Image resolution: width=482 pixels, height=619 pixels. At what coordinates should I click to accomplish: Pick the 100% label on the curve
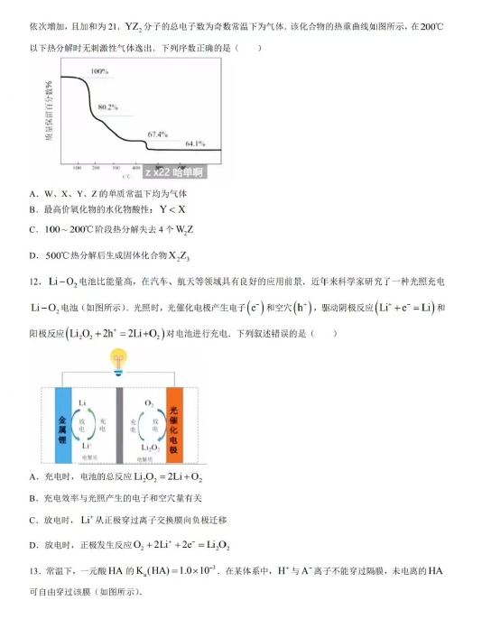pos(99,71)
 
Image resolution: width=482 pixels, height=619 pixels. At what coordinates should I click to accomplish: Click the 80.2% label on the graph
pos(107,107)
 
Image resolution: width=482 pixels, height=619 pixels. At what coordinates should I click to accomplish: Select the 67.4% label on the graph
pos(158,134)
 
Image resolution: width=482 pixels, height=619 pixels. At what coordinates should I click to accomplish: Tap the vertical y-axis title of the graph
pos(51,110)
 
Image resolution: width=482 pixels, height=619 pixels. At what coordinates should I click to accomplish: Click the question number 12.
pos(34,282)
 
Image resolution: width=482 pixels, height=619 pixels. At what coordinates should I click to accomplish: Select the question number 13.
pos(34,570)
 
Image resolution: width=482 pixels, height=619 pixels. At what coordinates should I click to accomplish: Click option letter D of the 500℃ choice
pos(33,255)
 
